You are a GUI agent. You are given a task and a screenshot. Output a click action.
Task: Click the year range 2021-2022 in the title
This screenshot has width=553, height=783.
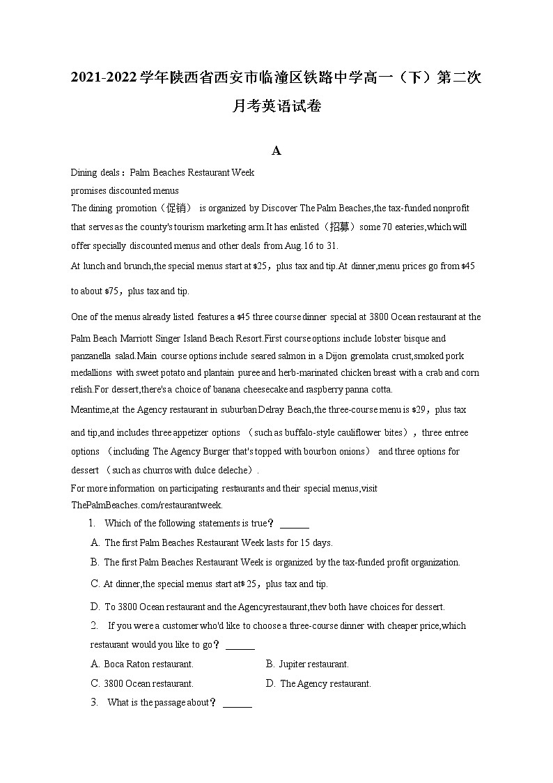pyautogui.click(x=102, y=77)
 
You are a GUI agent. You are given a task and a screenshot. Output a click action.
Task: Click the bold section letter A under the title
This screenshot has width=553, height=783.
pyautogui.click(x=276, y=151)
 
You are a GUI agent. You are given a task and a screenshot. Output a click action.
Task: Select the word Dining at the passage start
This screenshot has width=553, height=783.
pyautogui.click(x=84, y=173)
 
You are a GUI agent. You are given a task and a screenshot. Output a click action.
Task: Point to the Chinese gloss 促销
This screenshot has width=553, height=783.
pyautogui.click(x=171, y=208)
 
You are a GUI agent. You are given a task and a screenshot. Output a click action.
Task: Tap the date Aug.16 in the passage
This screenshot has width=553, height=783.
pyautogui.click(x=296, y=245)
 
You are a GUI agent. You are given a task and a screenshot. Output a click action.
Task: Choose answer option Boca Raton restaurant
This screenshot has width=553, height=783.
pyautogui.click(x=148, y=664)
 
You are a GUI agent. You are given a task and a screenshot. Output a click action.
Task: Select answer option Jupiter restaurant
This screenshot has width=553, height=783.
pyautogui.click(x=313, y=664)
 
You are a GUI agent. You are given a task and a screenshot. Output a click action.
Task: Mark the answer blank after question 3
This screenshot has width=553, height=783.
pyautogui.click(x=237, y=703)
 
